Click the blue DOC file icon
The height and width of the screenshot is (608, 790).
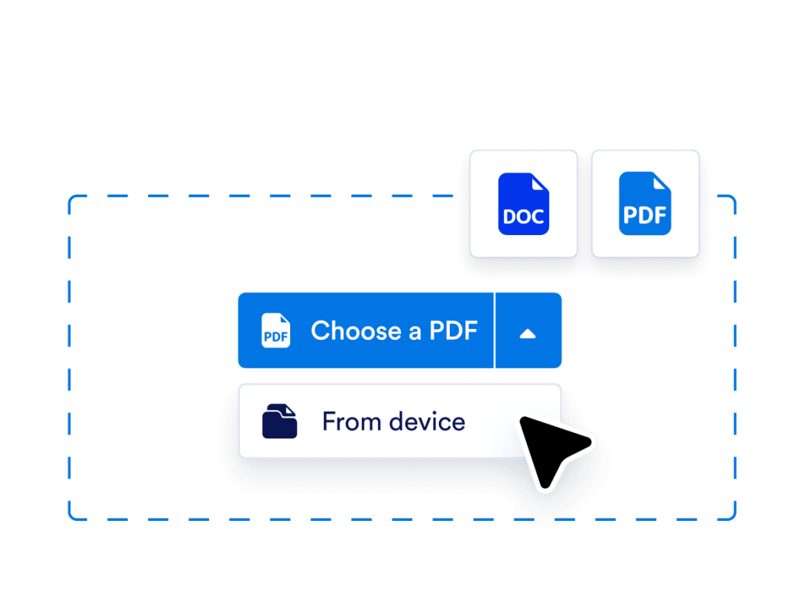[523, 203]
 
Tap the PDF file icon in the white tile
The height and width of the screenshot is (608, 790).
[645, 203]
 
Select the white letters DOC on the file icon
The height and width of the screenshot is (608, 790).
[523, 217]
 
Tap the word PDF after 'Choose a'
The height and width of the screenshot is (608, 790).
[454, 331]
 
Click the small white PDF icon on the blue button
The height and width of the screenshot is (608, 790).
[276, 331]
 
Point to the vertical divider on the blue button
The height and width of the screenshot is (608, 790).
[494, 331]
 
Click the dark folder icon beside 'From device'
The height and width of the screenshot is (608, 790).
[279, 422]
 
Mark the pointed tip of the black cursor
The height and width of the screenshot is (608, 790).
[522, 419]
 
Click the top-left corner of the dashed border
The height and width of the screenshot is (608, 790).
[71, 198]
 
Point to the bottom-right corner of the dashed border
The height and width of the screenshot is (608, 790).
[734, 517]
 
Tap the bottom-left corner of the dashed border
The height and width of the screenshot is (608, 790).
[71, 517]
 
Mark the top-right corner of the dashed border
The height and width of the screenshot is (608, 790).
[734, 198]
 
